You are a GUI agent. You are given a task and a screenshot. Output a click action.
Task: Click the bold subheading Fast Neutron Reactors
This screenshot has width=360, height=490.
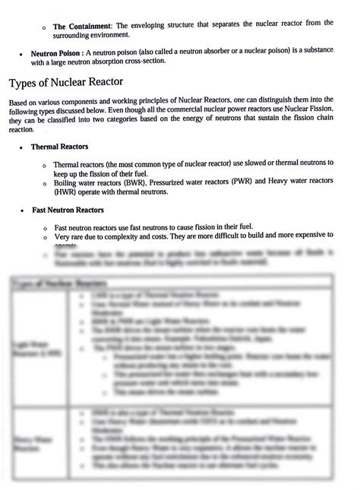tap(68, 210)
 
